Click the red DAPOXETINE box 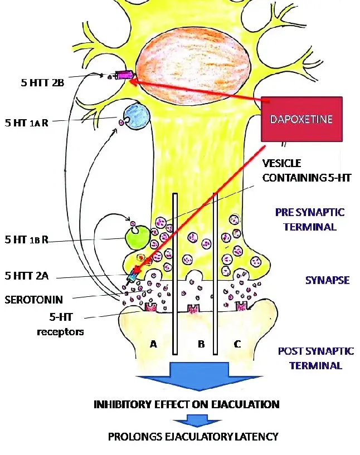(x=303, y=120)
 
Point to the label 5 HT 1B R (x=26, y=239)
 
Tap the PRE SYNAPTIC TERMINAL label (x=310, y=219)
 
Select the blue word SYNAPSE (x=327, y=280)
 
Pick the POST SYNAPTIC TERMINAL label (x=315, y=358)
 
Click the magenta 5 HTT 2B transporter (x=124, y=75)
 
